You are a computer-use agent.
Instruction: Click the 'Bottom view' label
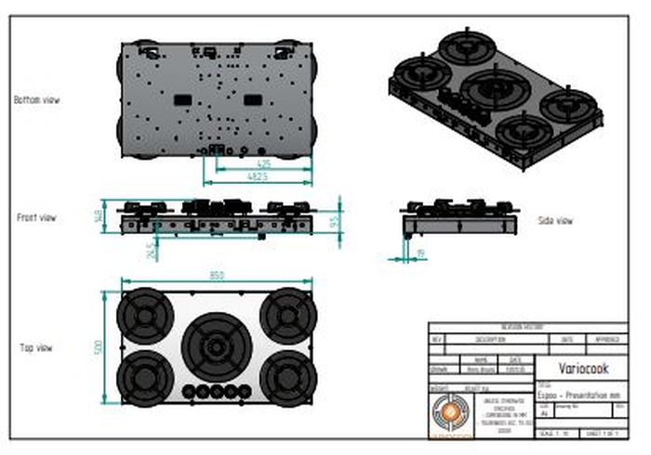(x=37, y=99)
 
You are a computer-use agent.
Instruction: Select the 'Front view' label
(x=36, y=217)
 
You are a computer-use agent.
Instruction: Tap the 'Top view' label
(x=36, y=348)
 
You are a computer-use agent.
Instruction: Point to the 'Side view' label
(x=555, y=220)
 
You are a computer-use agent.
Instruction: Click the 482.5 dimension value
(x=259, y=175)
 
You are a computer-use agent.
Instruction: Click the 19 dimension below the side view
(x=420, y=252)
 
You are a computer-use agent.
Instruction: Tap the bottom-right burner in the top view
(x=286, y=377)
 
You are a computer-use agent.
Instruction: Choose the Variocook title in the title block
(x=583, y=369)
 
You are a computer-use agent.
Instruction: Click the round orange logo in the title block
(x=451, y=412)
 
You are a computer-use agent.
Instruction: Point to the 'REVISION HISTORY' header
(x=527, y=327)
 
